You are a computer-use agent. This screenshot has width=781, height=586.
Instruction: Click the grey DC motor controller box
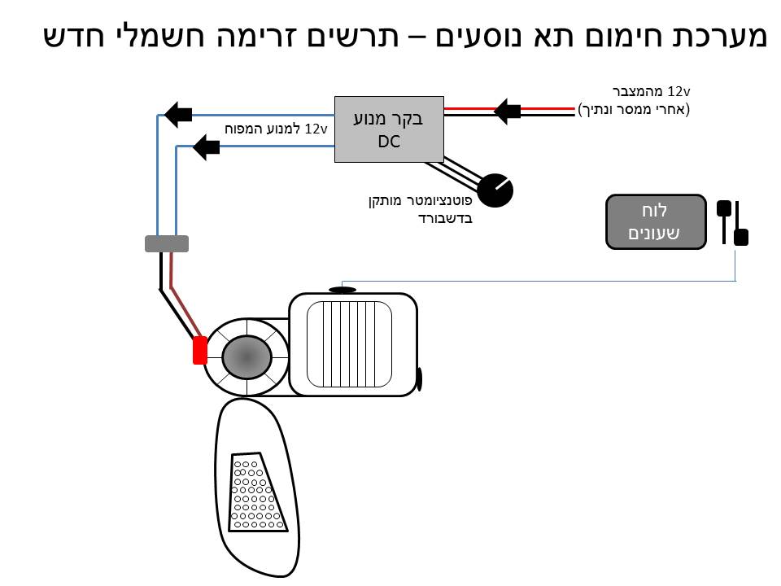389,129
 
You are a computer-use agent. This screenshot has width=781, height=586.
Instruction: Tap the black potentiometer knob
495,190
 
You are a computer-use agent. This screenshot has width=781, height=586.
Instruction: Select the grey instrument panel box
656,221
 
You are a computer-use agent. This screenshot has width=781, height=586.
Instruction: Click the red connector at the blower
199,350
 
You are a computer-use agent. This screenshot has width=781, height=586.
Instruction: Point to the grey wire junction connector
166,243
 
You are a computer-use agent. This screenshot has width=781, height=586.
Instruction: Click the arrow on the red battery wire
508,110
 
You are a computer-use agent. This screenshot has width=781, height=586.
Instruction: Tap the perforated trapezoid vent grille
258,492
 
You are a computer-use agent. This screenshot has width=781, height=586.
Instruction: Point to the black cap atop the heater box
343,290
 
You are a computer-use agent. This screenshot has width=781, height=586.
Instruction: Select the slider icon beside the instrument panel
732,222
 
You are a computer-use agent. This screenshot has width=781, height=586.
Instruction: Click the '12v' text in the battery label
678,90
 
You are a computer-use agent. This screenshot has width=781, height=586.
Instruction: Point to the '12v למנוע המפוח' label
276,129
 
